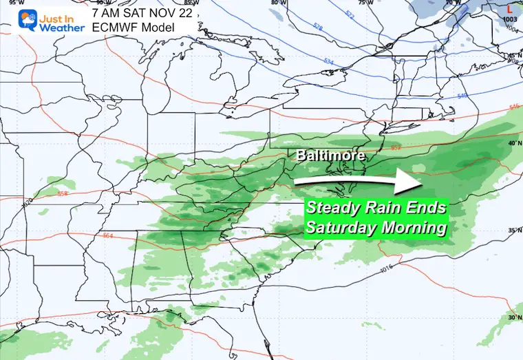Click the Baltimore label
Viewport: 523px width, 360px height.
330,156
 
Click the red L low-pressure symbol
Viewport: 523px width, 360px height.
509,9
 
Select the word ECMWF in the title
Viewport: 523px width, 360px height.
116,26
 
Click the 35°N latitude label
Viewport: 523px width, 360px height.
512,230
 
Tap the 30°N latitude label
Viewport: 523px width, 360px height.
512,317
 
